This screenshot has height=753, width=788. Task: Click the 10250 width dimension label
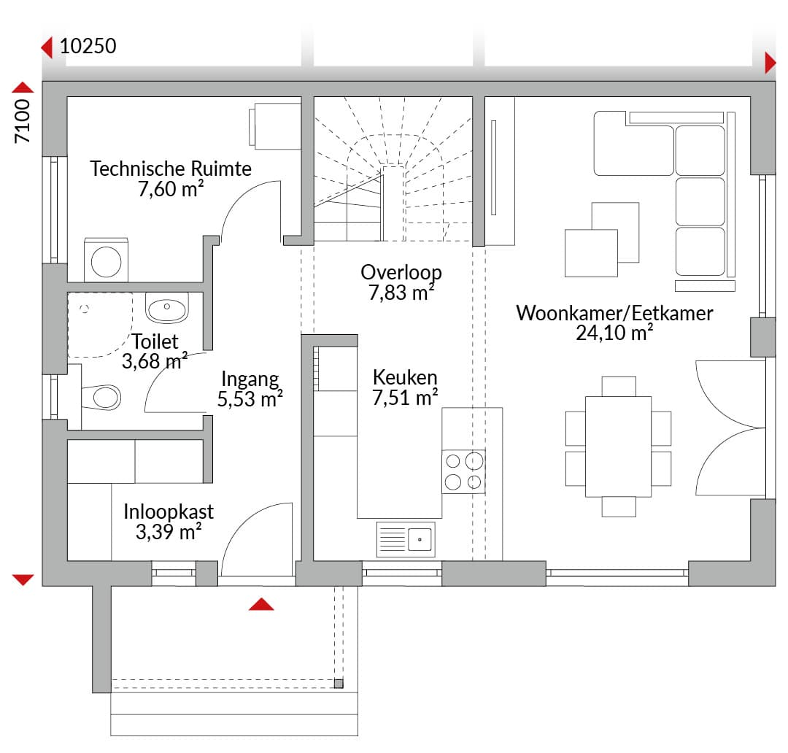click(x=88, y=46)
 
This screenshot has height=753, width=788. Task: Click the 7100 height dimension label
click(x=23, y=121)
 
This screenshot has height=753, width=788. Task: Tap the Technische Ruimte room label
click(x=171, y=169)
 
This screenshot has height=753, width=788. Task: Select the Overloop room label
click(x=401, y=272)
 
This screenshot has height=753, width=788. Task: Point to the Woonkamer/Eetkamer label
click(x=614, y=313)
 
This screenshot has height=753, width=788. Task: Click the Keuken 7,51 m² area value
click(x=404, y=398)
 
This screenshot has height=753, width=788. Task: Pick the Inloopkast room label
click(x=169, y=511)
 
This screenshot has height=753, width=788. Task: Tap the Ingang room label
click(x=250, y=379)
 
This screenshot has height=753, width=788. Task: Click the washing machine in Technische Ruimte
click(x=106, y=260)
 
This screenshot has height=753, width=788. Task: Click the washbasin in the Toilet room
click(x=167, y=308)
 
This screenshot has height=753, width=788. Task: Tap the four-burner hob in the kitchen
click(x=463, y=471)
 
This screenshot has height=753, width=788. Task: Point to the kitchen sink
click(x=406, y=539)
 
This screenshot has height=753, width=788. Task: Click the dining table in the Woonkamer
click(x=618, y=447)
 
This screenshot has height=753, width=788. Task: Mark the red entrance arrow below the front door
click(x=261, y=604)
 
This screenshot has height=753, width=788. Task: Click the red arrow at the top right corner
click(x=770, y=63)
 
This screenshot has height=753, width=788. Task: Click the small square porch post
click(x=339, y=684)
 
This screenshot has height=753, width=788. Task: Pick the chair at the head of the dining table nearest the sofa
click(x=619, y=387)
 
